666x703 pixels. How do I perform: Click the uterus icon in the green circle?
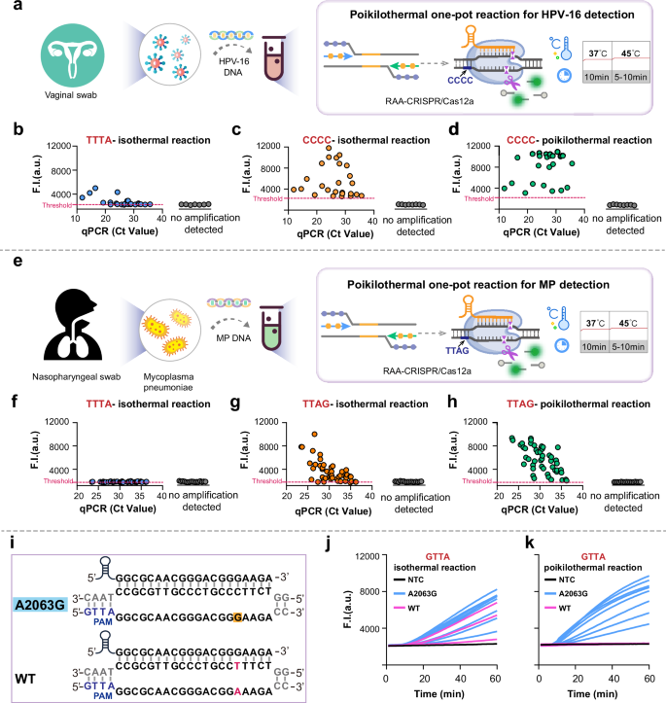tap(65, 52)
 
